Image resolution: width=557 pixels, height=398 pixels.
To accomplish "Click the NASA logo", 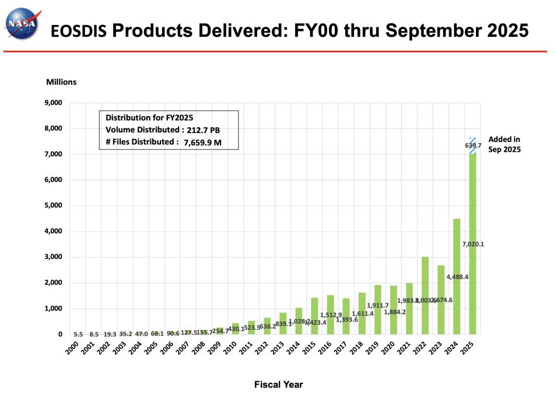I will pyautogui.click(x=21, y=24).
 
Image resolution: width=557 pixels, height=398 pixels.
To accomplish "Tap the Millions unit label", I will pyautogui.click(x=61, y=82).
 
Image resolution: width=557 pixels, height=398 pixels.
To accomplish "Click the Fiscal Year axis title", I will pyautogui.click(x=278, y=385).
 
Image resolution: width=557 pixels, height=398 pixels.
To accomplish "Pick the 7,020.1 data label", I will pyautogui.click(x=472, y=244).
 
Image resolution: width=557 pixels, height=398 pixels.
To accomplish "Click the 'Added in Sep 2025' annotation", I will pyautogui.click(x=504, y=144).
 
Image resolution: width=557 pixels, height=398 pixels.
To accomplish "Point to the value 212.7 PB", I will pyautogui.click(x=204, y=130).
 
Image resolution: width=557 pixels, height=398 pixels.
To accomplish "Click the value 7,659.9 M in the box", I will pyautogui.click(x=204, y=142).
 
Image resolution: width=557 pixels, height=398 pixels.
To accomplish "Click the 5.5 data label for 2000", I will pyautogui.click(x=78, y=334).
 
